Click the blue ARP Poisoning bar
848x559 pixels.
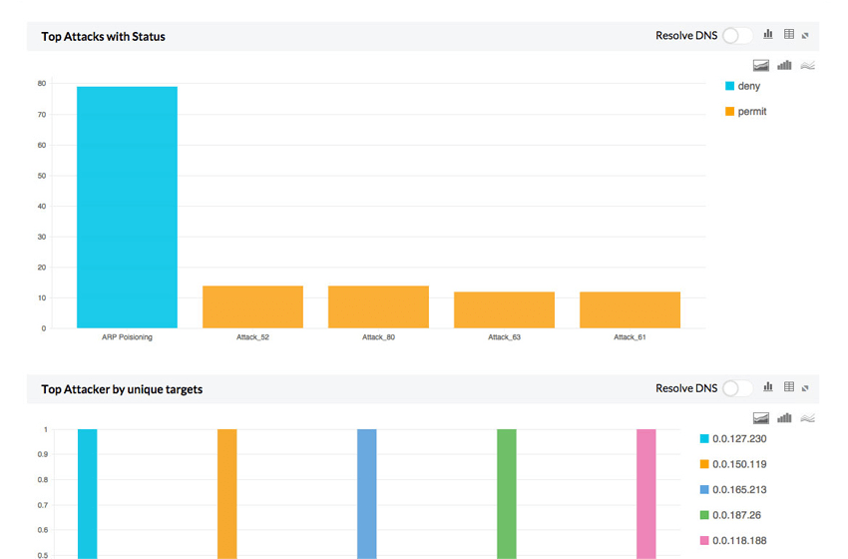coord(127,207)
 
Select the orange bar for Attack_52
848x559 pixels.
coord(252,307)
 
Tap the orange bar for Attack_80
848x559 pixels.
coord(378,307)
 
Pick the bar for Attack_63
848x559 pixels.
coord(504,309)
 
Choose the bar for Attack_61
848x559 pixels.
coord(630,309)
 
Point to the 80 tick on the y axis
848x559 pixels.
coord(42,84)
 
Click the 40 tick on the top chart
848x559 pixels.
coord(42,207)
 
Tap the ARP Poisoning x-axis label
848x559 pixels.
coord(127,337)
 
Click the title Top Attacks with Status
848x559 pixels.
coord(103,36)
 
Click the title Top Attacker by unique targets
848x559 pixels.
coord(122,389)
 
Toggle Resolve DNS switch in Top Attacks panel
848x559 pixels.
coord(737,36)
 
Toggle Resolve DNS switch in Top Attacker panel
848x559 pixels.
coord(737,388)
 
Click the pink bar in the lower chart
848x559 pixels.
coord(646,494)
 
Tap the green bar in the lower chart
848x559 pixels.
coord(507,494)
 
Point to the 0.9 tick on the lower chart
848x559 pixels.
coord(43,455)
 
